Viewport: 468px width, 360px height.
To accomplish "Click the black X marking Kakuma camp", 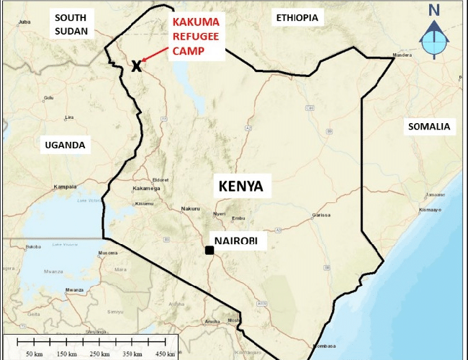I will [x=136, y=66].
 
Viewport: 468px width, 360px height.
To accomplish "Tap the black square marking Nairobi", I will [x=209, y=251].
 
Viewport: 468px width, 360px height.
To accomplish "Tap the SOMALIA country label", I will [x=428, y=127].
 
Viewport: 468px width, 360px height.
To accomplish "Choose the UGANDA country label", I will [x=65, y=145].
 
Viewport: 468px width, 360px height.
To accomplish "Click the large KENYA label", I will [x=240, y=187].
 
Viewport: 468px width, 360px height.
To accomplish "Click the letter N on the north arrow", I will [x=433, y=10].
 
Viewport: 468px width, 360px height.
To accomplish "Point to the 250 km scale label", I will [x=100, y=354].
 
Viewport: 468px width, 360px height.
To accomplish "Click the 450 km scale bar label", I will [x=165, y=354].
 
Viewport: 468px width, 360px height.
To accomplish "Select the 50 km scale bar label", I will [x=35, y=354].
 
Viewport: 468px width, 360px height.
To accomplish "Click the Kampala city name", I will [x=65, y=186].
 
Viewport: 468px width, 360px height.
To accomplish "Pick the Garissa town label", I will [x=321, y=215].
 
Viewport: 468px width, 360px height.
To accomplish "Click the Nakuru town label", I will [x=190, y=208].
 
